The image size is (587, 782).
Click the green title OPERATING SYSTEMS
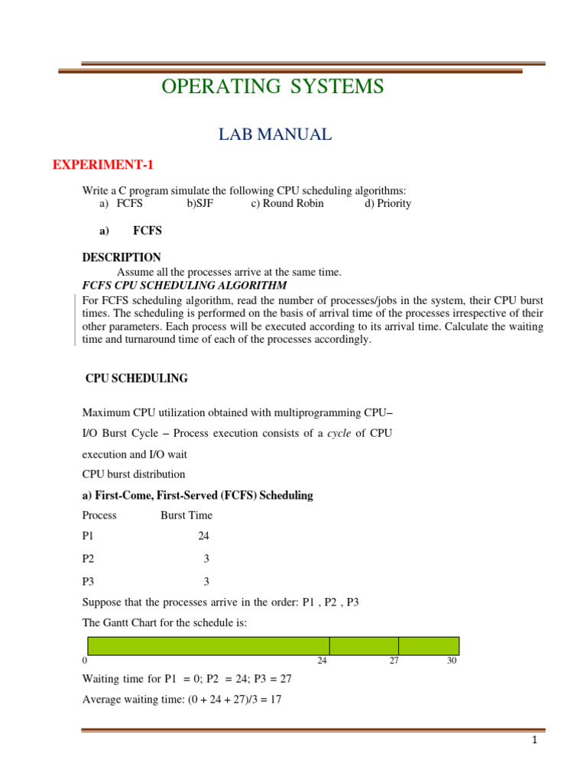272,87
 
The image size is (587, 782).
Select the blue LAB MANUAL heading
275,135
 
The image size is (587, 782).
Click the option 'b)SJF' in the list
201,204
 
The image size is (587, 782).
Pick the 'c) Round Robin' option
287,204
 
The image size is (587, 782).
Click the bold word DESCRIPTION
122,257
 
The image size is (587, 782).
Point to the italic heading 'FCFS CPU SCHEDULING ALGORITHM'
184,285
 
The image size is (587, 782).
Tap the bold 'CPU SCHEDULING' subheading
136,379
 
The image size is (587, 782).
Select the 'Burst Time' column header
186,515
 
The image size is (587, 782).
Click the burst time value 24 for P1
203,537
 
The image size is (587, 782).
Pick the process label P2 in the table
89,559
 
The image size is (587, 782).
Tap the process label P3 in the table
89,581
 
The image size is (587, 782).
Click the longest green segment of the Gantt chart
209,646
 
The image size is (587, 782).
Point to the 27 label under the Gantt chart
394,661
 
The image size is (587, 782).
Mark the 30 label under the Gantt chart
452,661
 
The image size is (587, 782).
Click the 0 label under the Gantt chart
84,661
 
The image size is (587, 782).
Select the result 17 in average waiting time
276,699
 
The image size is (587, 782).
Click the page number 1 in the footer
536,741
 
